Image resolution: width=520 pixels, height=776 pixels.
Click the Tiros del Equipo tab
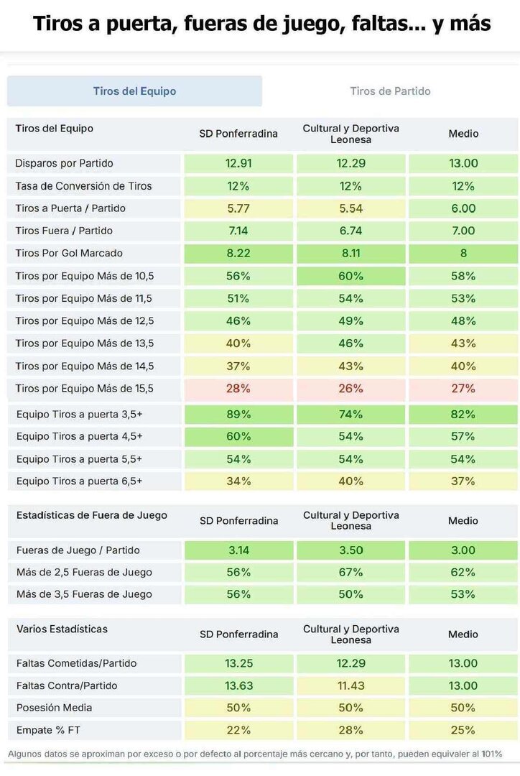134,91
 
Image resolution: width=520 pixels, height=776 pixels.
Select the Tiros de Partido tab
390,91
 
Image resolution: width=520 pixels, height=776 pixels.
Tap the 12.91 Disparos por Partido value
238,163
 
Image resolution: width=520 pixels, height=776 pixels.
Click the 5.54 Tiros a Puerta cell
350,208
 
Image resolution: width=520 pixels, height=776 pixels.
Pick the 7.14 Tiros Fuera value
238,231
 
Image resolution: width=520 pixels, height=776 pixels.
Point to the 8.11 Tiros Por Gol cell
350,253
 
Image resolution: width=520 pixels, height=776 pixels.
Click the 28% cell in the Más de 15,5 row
238,389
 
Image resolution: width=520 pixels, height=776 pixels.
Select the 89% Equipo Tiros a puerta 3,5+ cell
238,415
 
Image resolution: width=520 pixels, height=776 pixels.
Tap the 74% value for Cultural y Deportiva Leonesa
350,415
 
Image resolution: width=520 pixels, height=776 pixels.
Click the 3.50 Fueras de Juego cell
350,550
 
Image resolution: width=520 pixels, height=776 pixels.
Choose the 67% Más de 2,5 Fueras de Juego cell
350,573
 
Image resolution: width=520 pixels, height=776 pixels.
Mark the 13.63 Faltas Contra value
238,685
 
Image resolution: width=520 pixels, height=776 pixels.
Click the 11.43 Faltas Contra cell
350,685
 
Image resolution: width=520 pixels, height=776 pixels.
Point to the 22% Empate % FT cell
238,730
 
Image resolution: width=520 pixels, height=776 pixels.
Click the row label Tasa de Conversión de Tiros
83,186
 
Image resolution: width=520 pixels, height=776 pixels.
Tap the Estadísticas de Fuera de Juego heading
91,515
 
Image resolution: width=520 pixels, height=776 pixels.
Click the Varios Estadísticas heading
62,629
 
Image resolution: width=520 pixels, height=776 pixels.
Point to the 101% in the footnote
491,754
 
